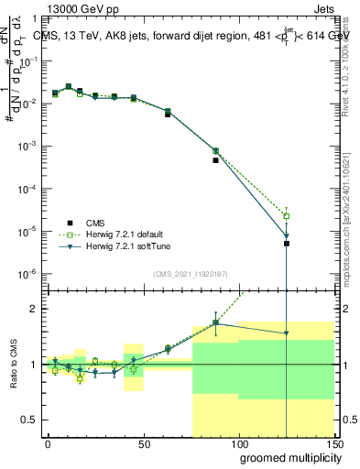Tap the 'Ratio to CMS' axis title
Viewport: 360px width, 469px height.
point(12,364)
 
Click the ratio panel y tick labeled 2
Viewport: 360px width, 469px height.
point(33,309)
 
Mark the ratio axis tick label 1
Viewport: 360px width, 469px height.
point(33,364)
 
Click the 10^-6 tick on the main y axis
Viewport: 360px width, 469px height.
point(27,274)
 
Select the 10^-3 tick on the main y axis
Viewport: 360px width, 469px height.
point(27,146)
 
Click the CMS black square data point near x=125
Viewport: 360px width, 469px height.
point(287,244)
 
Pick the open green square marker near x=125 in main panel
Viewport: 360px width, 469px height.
point(287,216)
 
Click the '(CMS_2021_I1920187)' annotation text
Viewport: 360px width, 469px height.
point(189,274)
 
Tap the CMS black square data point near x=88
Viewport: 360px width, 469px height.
point(215,160)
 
